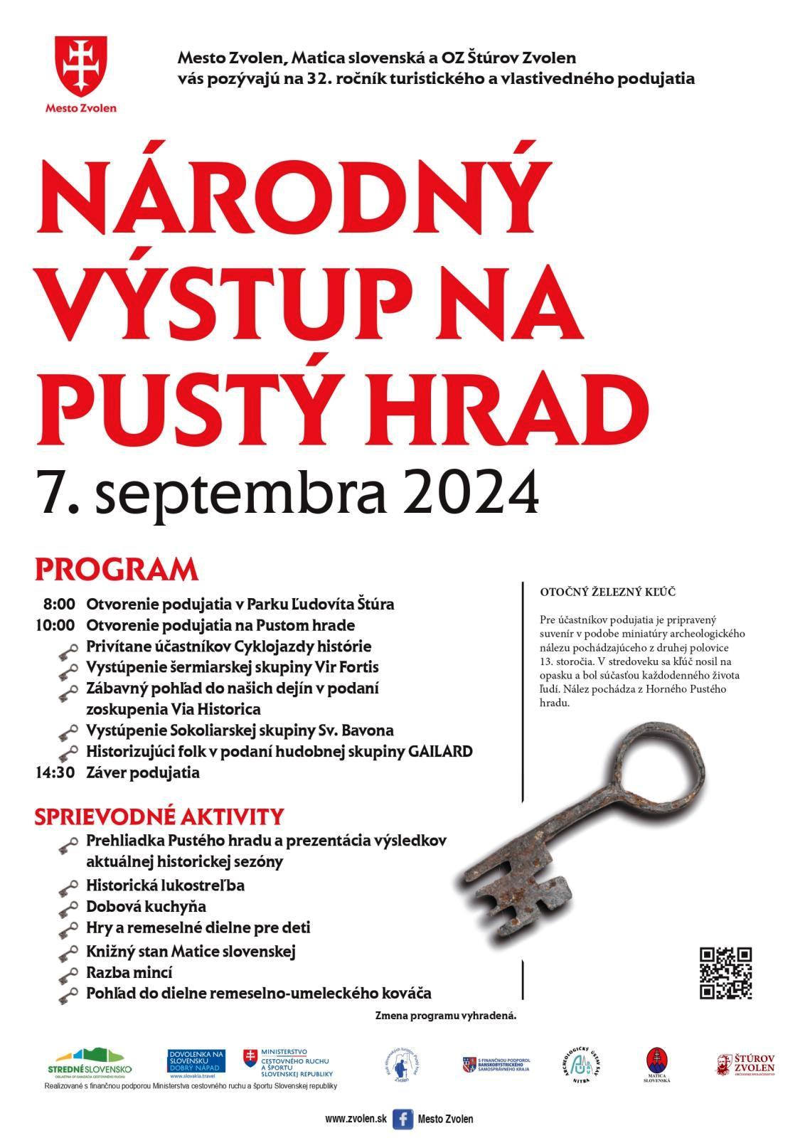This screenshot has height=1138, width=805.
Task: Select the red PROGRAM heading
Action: coord(116,570)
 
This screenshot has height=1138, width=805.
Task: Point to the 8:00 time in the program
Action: coord(58,605)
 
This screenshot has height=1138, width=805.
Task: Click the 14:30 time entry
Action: coord(55,772)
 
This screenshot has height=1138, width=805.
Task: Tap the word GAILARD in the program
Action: coord(440,752)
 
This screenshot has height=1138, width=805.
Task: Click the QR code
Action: coord(725,973)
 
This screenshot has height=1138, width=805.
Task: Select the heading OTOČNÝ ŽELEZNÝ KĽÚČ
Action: coord(607,592)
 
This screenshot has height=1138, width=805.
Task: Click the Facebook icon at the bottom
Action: coord(402,1119)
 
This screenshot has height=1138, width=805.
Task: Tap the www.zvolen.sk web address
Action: coord(356,1119)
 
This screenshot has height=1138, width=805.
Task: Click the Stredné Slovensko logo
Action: coord(89,1062)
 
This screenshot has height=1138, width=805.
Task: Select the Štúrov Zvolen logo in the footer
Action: coord(745,1065)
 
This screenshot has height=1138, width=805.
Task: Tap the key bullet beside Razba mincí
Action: coord(68,974)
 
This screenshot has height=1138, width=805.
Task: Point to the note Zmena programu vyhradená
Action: coord(445,1016)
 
